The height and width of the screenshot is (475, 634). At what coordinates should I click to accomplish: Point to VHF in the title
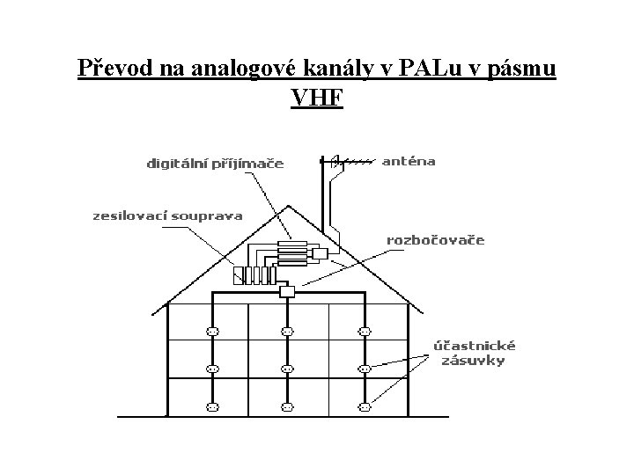(316, 97)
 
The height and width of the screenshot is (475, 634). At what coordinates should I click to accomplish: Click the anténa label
(408, 162)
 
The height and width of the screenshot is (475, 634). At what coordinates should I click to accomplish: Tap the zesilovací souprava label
(168, 216)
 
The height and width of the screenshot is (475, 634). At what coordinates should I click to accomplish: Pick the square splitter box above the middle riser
(285, 291)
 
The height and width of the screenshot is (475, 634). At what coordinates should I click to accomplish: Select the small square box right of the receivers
(319, 254)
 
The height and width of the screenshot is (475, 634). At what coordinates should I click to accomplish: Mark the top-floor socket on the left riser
(211, 332)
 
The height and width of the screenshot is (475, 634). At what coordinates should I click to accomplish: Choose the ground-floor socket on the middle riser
(285, 407)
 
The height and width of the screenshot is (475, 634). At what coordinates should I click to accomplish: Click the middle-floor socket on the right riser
(363, 369)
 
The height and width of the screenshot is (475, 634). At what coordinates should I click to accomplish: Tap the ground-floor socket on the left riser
(211, 407)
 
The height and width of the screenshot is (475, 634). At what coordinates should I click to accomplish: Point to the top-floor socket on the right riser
(363, 332)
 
